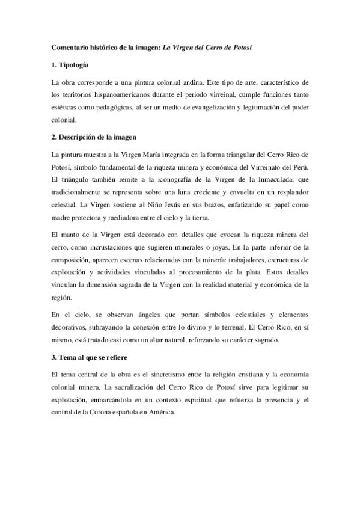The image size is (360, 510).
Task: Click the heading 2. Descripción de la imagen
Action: pos(94,138)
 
